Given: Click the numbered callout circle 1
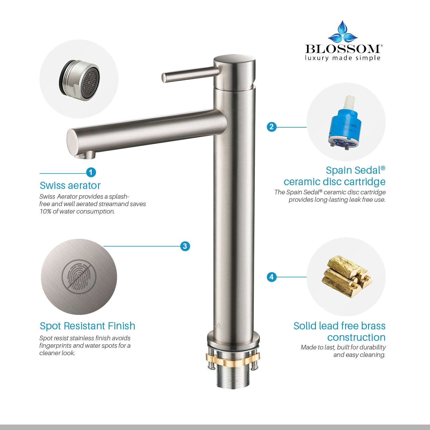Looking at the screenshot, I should tap(91, 172).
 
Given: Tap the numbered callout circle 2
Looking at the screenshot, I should tap(271, 127).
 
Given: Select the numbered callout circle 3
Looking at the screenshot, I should tap(185, 246).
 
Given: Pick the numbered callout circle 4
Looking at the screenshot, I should tap(271, 277).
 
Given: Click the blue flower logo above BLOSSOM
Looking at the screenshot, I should tap(343, 32).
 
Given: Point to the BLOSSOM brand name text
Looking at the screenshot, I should tap(343, 49).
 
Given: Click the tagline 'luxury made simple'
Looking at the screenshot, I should tap(343, 58).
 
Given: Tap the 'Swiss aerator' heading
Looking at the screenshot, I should tap(70, 185).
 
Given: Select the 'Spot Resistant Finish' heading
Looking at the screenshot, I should tap(87, 326).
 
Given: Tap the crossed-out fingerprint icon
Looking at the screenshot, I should tap(79, 277).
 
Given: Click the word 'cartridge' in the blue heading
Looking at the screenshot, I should tap(362, 182).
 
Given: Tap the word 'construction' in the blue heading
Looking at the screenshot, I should tap(356, 337).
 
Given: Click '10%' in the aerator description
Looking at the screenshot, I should tap(45, 212).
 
